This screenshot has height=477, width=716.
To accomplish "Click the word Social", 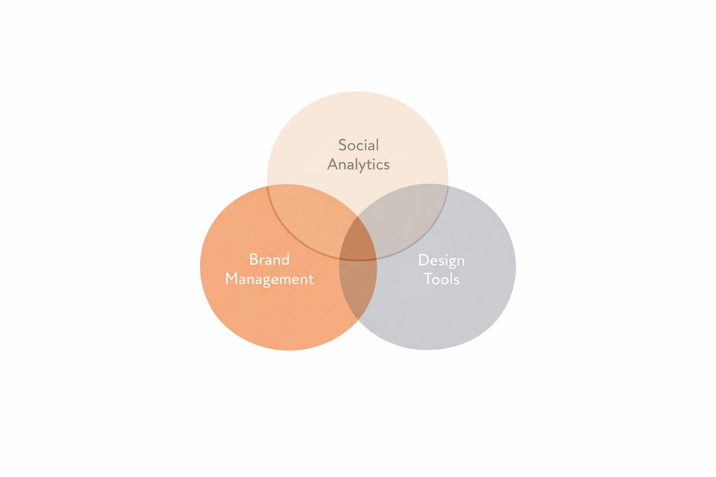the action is point(358,145).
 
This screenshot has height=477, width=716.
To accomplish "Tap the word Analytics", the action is point(358,164).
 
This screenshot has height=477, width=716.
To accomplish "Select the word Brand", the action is point(269,259).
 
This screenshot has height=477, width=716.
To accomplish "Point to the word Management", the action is point(269,279).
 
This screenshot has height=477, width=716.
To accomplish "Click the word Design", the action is point(441,260).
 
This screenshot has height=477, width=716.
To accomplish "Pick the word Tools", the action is point(441,279).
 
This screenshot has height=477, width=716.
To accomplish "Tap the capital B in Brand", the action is point(254,259).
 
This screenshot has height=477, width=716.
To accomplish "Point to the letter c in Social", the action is point(361,146).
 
